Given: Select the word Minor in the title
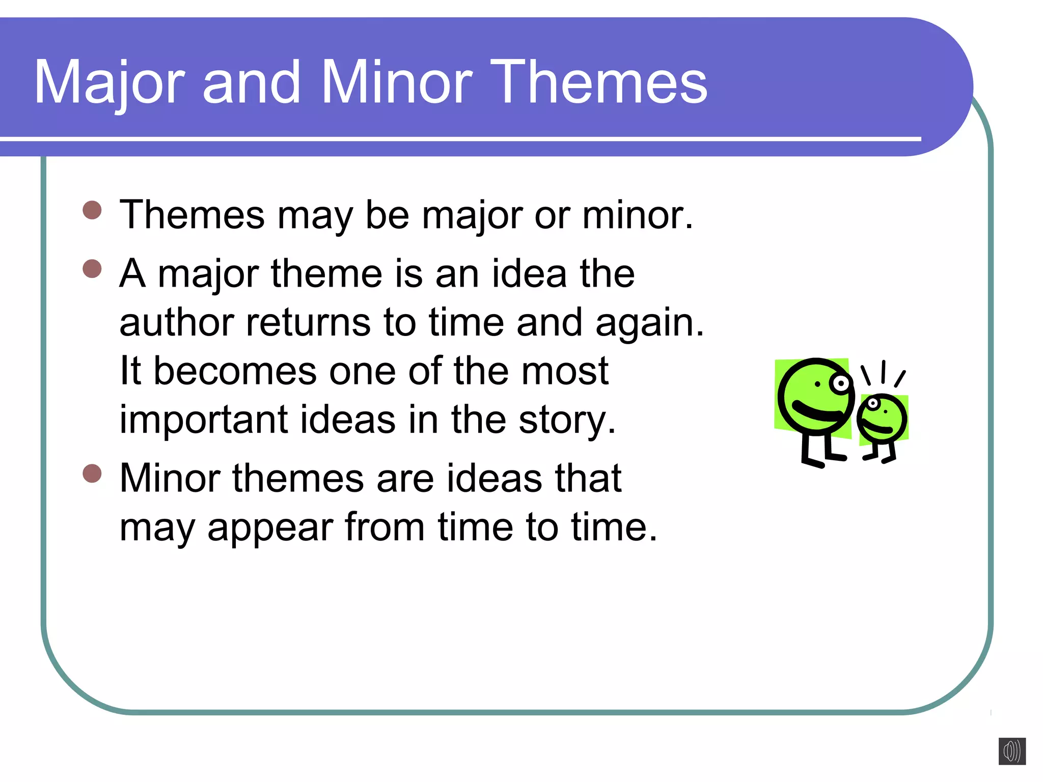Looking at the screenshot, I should click(x=397, y=82).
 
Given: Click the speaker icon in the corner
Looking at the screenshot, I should click(x=1012, y=751).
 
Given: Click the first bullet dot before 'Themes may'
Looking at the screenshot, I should click(x=92, y=210).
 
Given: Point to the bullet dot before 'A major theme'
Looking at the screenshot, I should click(x=92, y=268).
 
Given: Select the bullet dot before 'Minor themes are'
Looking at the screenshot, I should click(x=92, y=473).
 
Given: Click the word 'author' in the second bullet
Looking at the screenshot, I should click(x=176, y=323).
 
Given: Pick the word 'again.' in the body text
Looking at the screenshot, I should click(x=649, y=324).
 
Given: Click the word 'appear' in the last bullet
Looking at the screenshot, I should click(x=270, y=528).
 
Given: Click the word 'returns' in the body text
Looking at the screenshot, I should click(x=308, y=323).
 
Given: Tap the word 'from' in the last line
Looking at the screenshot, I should click(x=385, y=527).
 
